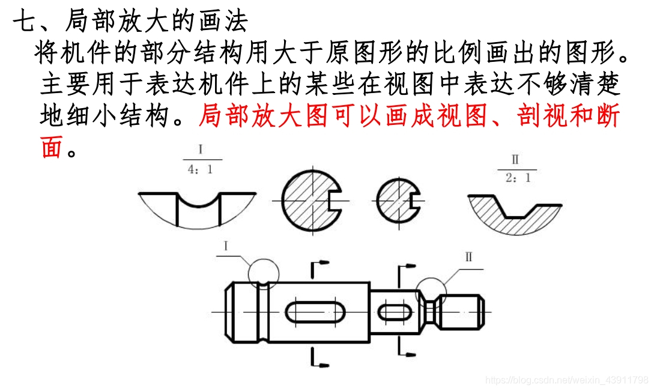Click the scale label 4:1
click(x=201, y=169)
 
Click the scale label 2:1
click(x=517, y=178)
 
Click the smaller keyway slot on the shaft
click(x=395, y=313)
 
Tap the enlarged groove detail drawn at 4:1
click(x=198, y=210)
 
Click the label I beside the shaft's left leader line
click(x=226, y=246)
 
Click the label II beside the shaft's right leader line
click(x=468, y=258)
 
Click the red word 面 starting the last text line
click(x=52, y=147)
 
